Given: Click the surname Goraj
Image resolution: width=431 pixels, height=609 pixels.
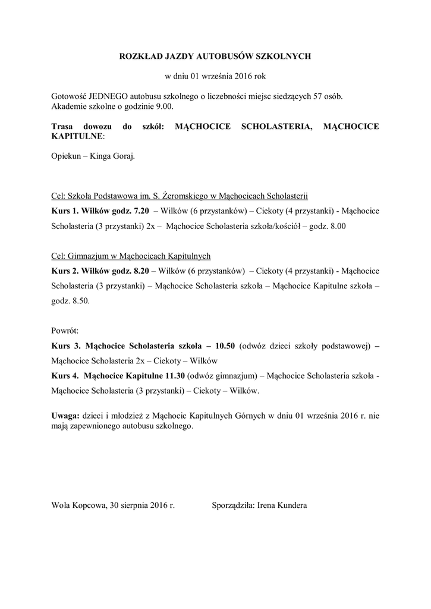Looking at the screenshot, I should [122, 156].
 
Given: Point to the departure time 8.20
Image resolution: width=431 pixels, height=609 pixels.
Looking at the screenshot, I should [141, 271].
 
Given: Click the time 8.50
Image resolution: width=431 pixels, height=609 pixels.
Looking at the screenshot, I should [81, 301].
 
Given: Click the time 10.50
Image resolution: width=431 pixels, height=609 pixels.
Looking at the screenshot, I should [226, 346].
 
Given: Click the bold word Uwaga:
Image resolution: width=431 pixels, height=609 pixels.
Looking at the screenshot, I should [65, 417].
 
